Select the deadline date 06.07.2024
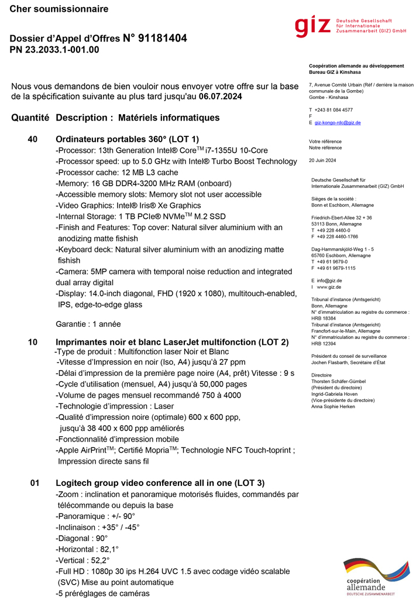(220, 96)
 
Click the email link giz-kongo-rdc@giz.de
(338, 122)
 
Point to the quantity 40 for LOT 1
(33, 139)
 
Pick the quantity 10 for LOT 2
(33, 342)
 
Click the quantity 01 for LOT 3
(35, 483)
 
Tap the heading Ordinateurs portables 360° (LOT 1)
(127, 139)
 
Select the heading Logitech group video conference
(160, 483)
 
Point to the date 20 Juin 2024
(322, 160)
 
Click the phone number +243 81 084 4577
(334, 109)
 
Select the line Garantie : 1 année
(88, 324)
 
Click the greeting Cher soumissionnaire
(59, 9)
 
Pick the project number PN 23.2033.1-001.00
(54, 50)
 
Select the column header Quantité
(30, 118)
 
